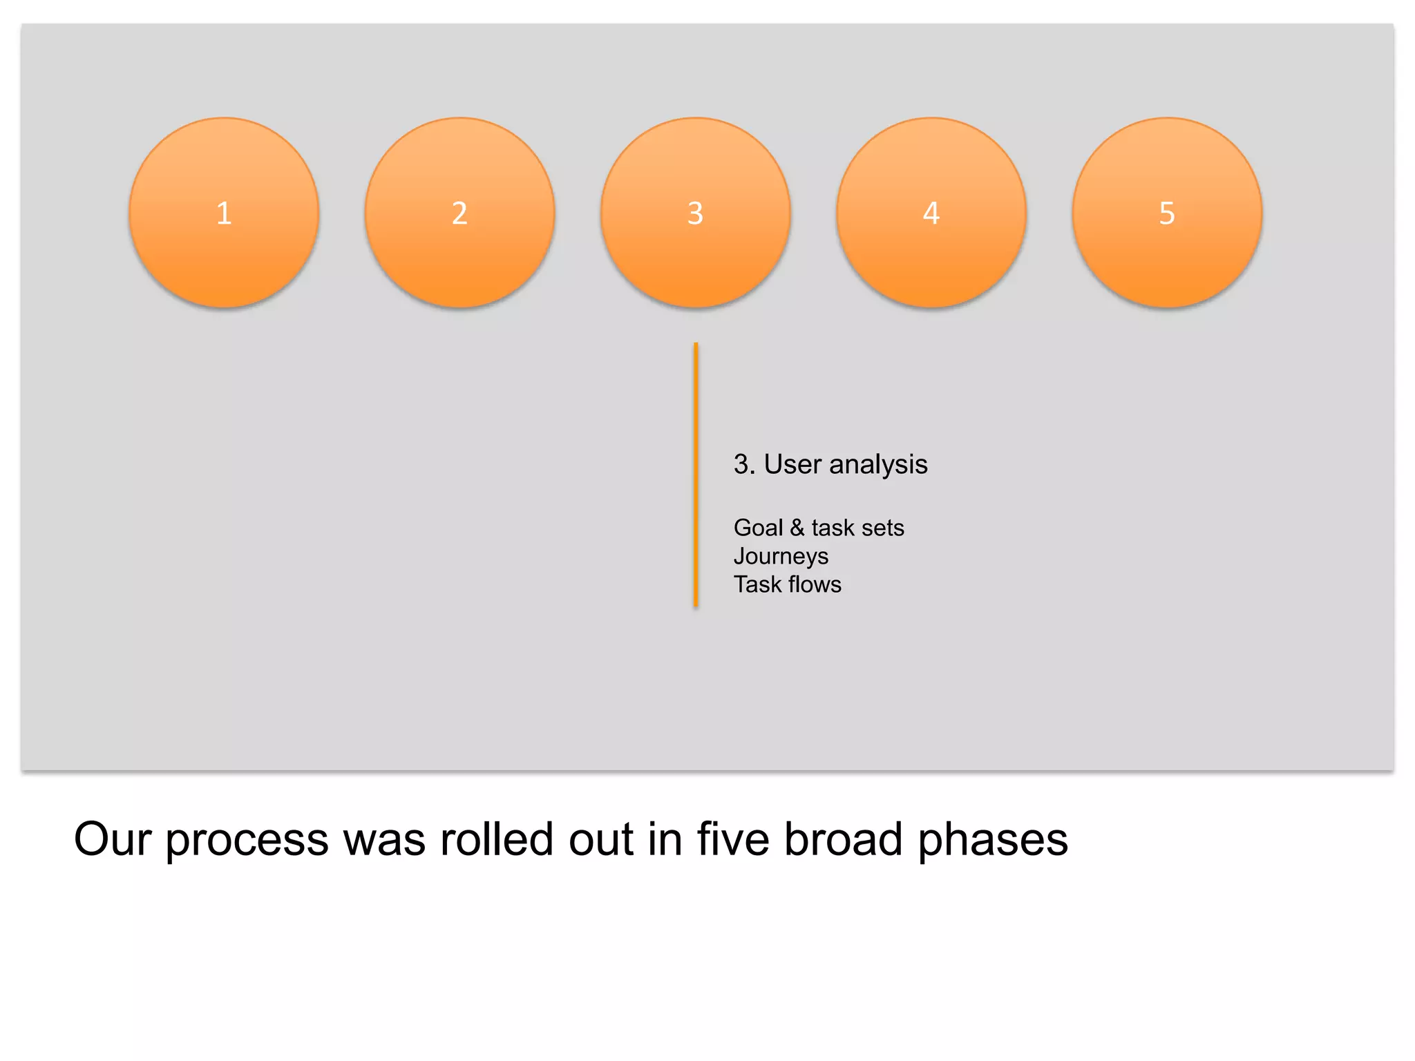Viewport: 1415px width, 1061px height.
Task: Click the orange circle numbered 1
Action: pos(224,213)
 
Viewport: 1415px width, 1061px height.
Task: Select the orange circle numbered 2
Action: pos(459,213)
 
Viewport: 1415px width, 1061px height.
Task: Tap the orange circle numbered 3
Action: pos(695,213)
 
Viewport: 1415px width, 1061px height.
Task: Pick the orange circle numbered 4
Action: pos(931,213)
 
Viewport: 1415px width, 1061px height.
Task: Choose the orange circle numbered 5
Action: pos(1167,213)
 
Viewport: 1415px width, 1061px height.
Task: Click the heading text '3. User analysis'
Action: pos(830,464)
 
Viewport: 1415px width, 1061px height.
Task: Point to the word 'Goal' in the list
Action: pos(758,528)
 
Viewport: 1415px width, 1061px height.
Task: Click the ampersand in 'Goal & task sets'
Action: pos(797,528)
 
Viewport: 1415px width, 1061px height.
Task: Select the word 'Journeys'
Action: pos(781,557)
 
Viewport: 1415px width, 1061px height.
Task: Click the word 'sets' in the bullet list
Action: pos(882,528)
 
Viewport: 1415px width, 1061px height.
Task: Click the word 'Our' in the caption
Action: pos(112,839)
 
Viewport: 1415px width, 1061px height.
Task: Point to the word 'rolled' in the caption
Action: pos(496,839)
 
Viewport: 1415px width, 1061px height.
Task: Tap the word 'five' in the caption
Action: pos(732,839)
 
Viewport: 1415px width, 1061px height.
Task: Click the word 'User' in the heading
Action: pos(792,464)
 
